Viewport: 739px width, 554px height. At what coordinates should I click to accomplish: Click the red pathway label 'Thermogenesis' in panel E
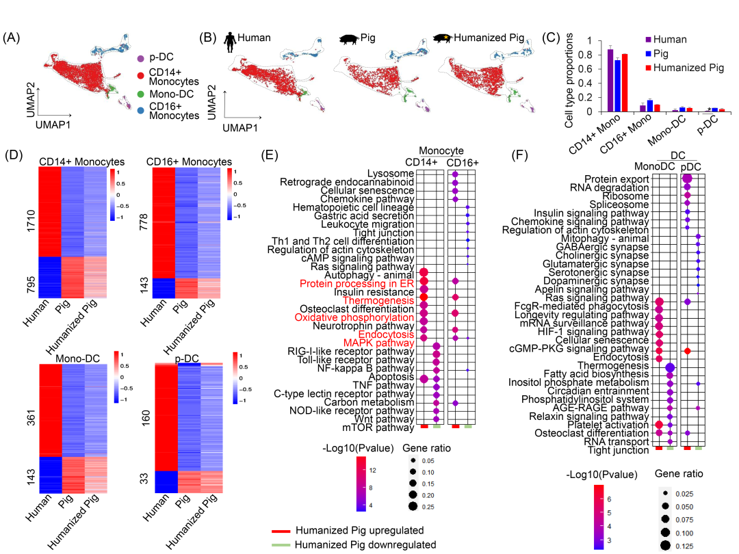pos(378,300)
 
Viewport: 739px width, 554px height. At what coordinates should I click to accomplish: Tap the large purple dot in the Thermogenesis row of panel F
pos(671,367)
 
